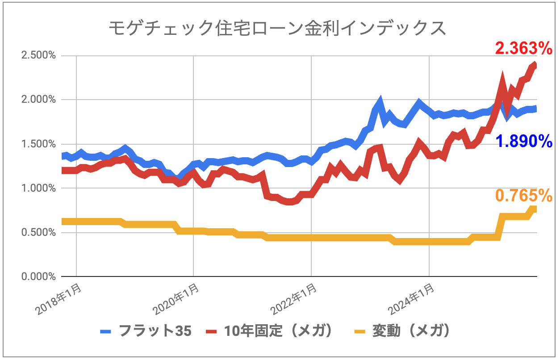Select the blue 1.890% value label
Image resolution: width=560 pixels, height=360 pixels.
tap(524, 142)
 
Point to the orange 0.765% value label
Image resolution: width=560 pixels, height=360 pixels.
tap(524, 195)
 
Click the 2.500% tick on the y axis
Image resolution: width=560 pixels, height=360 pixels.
tap(37, 56)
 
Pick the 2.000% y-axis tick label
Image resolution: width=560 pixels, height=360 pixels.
tap(37, 100)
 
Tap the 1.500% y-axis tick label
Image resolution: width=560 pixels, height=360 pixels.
tap(37, 144)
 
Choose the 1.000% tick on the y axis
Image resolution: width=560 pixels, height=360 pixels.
tap(37, 188)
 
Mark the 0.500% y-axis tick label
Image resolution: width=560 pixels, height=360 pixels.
tap(37, 232)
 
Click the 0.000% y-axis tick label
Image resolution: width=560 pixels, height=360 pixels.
tap(37, 276)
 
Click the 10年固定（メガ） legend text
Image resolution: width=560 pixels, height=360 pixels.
tap(279, 331)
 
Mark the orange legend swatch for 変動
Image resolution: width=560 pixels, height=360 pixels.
tap(360, 331)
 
